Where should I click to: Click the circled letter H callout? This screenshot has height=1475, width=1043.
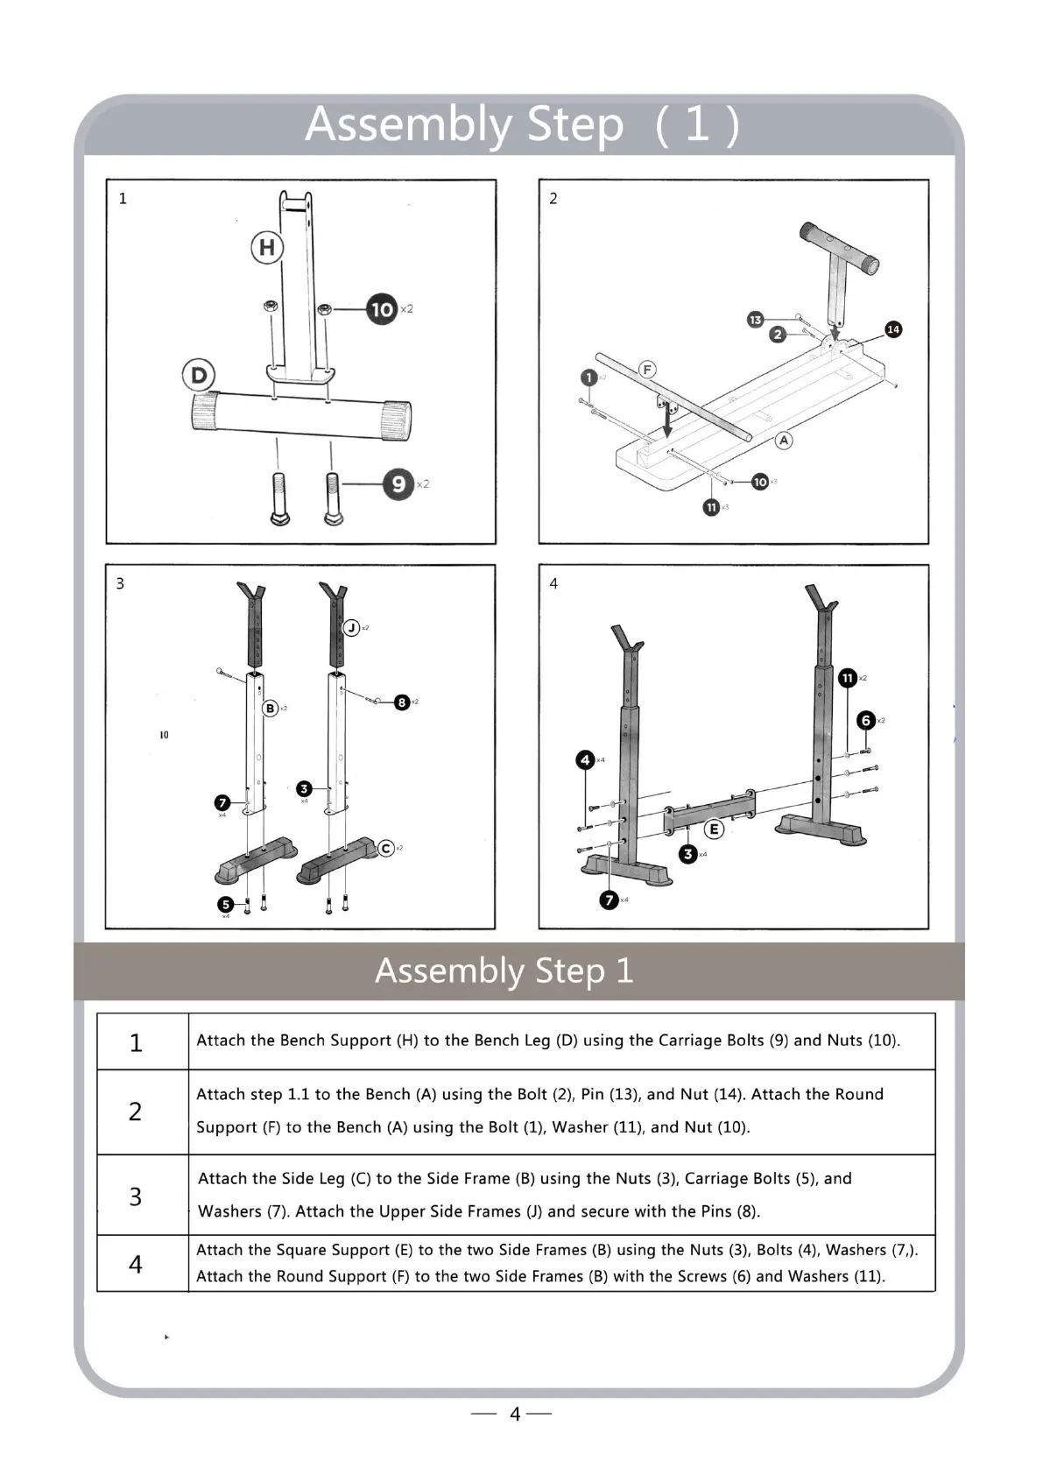pyautogui.click(x=267, y=248)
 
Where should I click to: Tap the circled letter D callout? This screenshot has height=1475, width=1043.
pyautogui.click(x=199, y=376)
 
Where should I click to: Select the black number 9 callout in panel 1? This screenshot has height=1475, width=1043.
pyautogui.click(x=398, y=483)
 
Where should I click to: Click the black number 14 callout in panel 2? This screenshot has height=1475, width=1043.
pyautogui.click(x=893, y=329)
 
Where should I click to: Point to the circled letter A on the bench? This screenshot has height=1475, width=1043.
pyautogui.click(x=784, y=440)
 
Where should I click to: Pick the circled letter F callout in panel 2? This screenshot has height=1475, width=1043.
pyautogui.click(x=647, y=369)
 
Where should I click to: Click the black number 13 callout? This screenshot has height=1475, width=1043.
pyautogui.click(x=755, y=320)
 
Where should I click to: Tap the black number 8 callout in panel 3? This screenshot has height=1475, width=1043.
pyautogui.click(x=402, y=702)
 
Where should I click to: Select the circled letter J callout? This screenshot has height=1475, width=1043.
pyautogui.click(x=352, y=627)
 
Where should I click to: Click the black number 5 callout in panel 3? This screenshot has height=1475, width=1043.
pyautogui.click(x=226, y=905)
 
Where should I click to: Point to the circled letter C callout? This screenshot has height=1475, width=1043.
pyautogui.click(x=386, y=848)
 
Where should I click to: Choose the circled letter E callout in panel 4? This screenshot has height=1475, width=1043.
pyautogui.click(x=714, y=829)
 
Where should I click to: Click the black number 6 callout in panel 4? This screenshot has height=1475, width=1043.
pyautogui.click(x=866, y=720)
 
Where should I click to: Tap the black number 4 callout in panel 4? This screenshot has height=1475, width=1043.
pyautogui.click(x=586, y=759)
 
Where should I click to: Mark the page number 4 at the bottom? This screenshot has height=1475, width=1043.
pyautogui.click(x=515, y=1414)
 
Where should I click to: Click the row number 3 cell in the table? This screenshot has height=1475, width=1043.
pyautogui.click(x=136, y=1196)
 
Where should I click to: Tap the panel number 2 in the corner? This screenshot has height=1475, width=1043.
pyautogui.click(x=553, y=199)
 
